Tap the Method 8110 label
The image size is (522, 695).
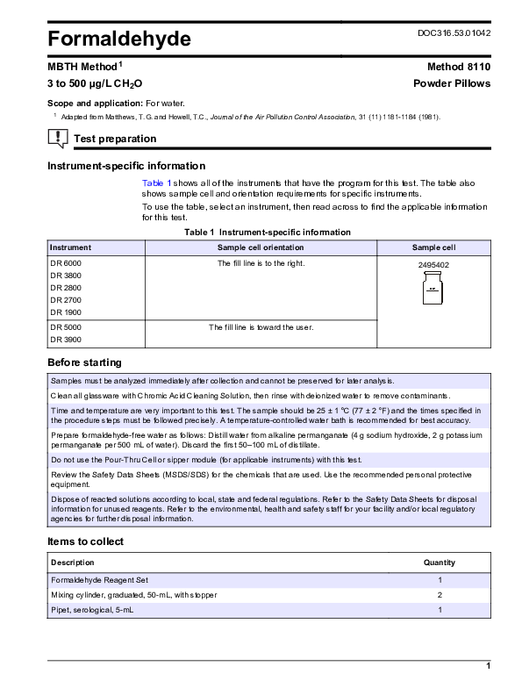(x=460, y=67)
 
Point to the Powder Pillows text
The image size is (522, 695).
(x=452, y=83)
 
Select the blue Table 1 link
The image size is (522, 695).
(x=153, y=182)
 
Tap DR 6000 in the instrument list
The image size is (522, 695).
(x=66, y=262)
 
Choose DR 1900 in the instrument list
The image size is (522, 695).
(x=66, y=312)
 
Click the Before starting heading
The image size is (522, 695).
(x=84, y=362)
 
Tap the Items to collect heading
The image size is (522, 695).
(x=85, y=541)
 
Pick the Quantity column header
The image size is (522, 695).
(x=439, y=562)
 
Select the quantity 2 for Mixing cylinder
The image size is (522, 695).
(x=439, y=595)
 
